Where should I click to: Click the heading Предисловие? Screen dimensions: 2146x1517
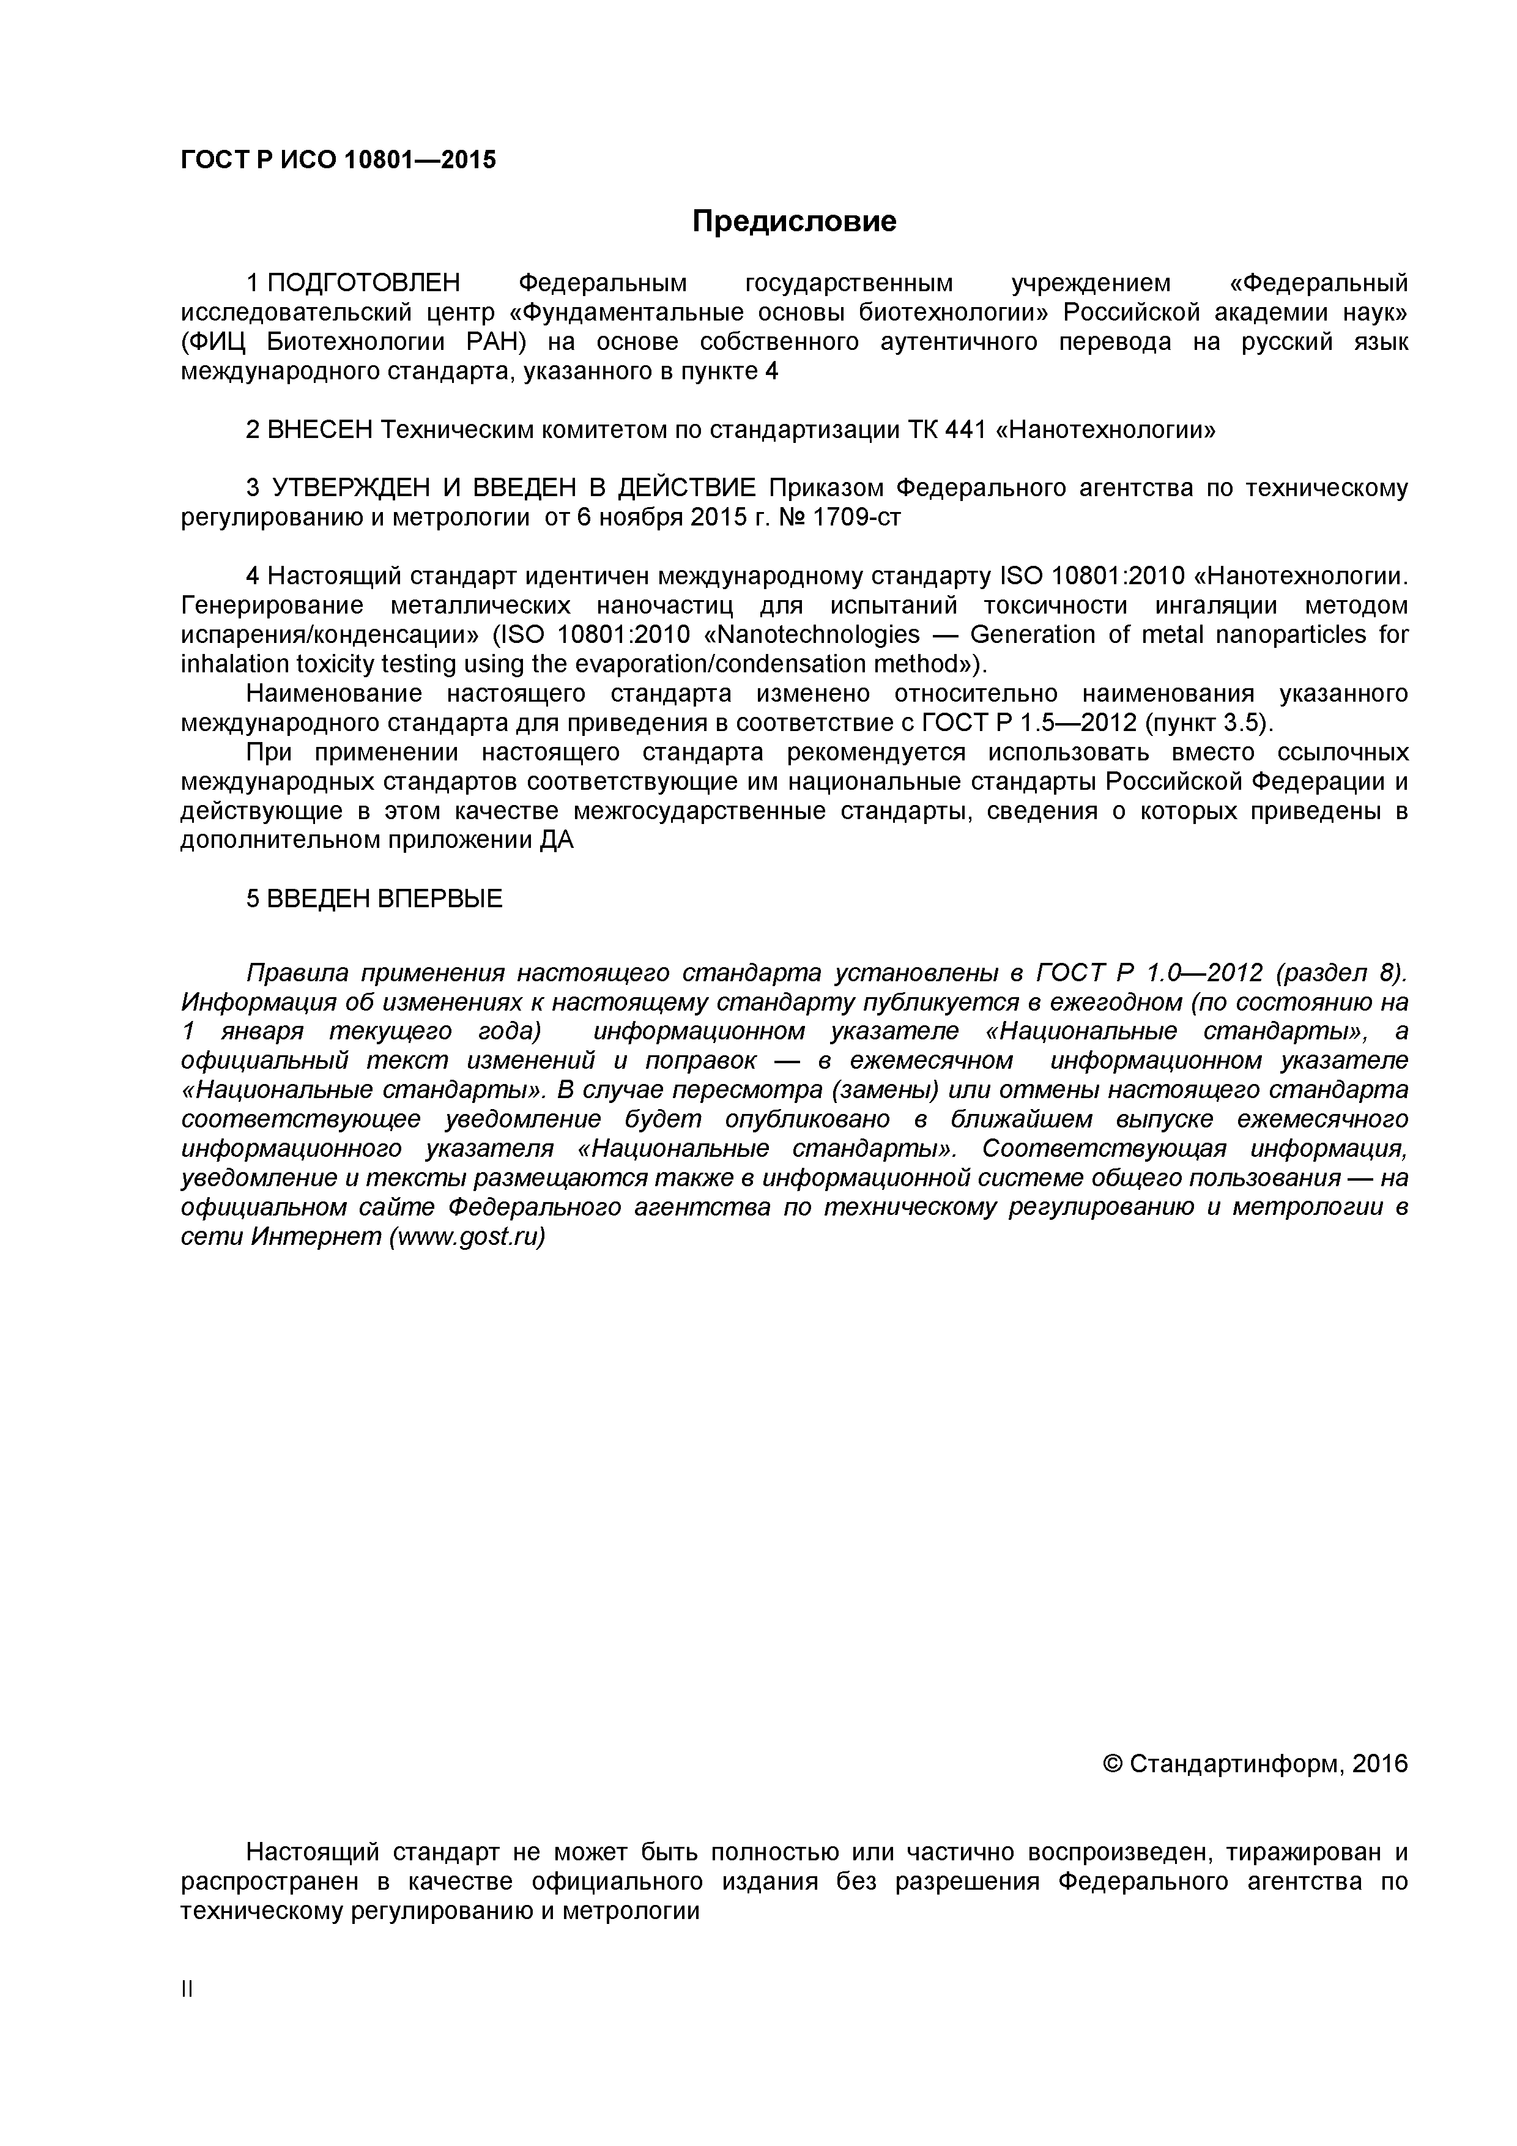pos(793,221)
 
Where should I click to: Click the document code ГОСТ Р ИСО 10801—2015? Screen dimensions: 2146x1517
pos(338,160)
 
